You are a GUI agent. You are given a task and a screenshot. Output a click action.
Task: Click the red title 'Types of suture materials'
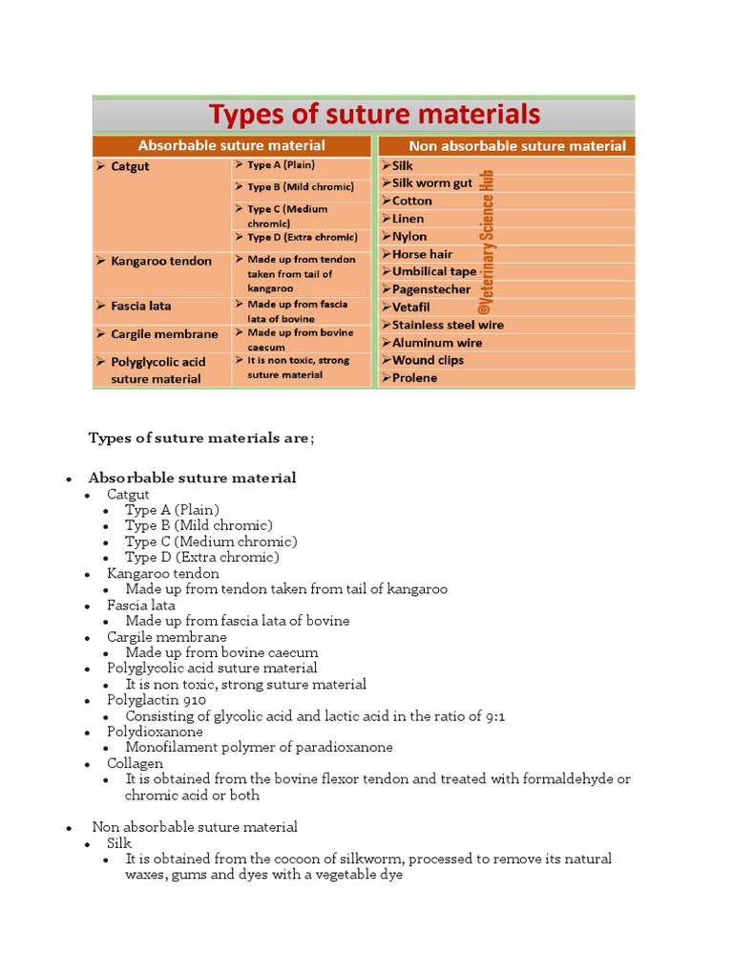(x=374, y=115)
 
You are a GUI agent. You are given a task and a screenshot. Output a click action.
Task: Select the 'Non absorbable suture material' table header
(x=516, y=146)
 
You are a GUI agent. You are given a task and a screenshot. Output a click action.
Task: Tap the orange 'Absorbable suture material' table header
(x=231, y=146)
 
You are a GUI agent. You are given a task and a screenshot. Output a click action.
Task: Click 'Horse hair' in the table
(x=422, y=254)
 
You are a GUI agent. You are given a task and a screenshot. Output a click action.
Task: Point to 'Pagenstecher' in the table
(x=430, y=289)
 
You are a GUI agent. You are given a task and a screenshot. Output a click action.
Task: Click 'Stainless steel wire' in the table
(x=448, y=325)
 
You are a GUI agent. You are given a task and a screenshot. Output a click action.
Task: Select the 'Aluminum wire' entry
(x=436, y=343)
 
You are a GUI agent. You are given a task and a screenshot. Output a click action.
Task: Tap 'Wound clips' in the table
(x=428, y=360)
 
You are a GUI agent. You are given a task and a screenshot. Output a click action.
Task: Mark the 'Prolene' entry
(x=414, y=378)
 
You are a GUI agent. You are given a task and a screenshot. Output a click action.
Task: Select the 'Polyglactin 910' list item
(x=156, y=700)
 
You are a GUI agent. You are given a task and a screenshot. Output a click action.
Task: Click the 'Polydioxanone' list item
(x=155, y=732)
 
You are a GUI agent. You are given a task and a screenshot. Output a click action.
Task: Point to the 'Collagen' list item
(x=135, y=763)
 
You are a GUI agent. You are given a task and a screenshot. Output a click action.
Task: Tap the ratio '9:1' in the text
(x=492, y=716)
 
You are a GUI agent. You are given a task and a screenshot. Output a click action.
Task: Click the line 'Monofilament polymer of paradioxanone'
(x=259, y=748)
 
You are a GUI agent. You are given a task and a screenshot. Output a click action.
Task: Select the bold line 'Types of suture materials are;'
(x=200, y=438)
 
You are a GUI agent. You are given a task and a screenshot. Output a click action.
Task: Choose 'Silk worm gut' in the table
(x=431, y=183)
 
